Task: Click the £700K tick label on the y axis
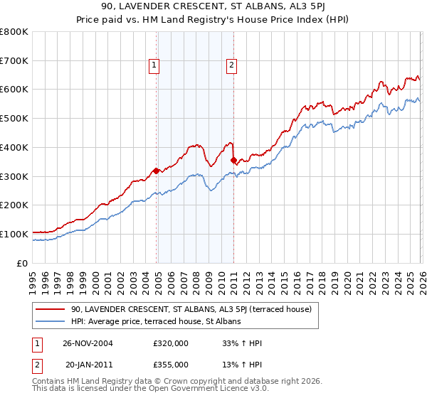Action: (14, 60)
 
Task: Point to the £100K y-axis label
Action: (14, 234)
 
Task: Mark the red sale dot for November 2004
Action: (156, 171)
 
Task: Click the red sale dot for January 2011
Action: (233, 161)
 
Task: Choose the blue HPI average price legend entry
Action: (156, 322)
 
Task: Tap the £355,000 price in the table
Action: (170, 364)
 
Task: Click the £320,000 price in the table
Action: (170, 344)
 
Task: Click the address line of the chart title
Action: (213, 6)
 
